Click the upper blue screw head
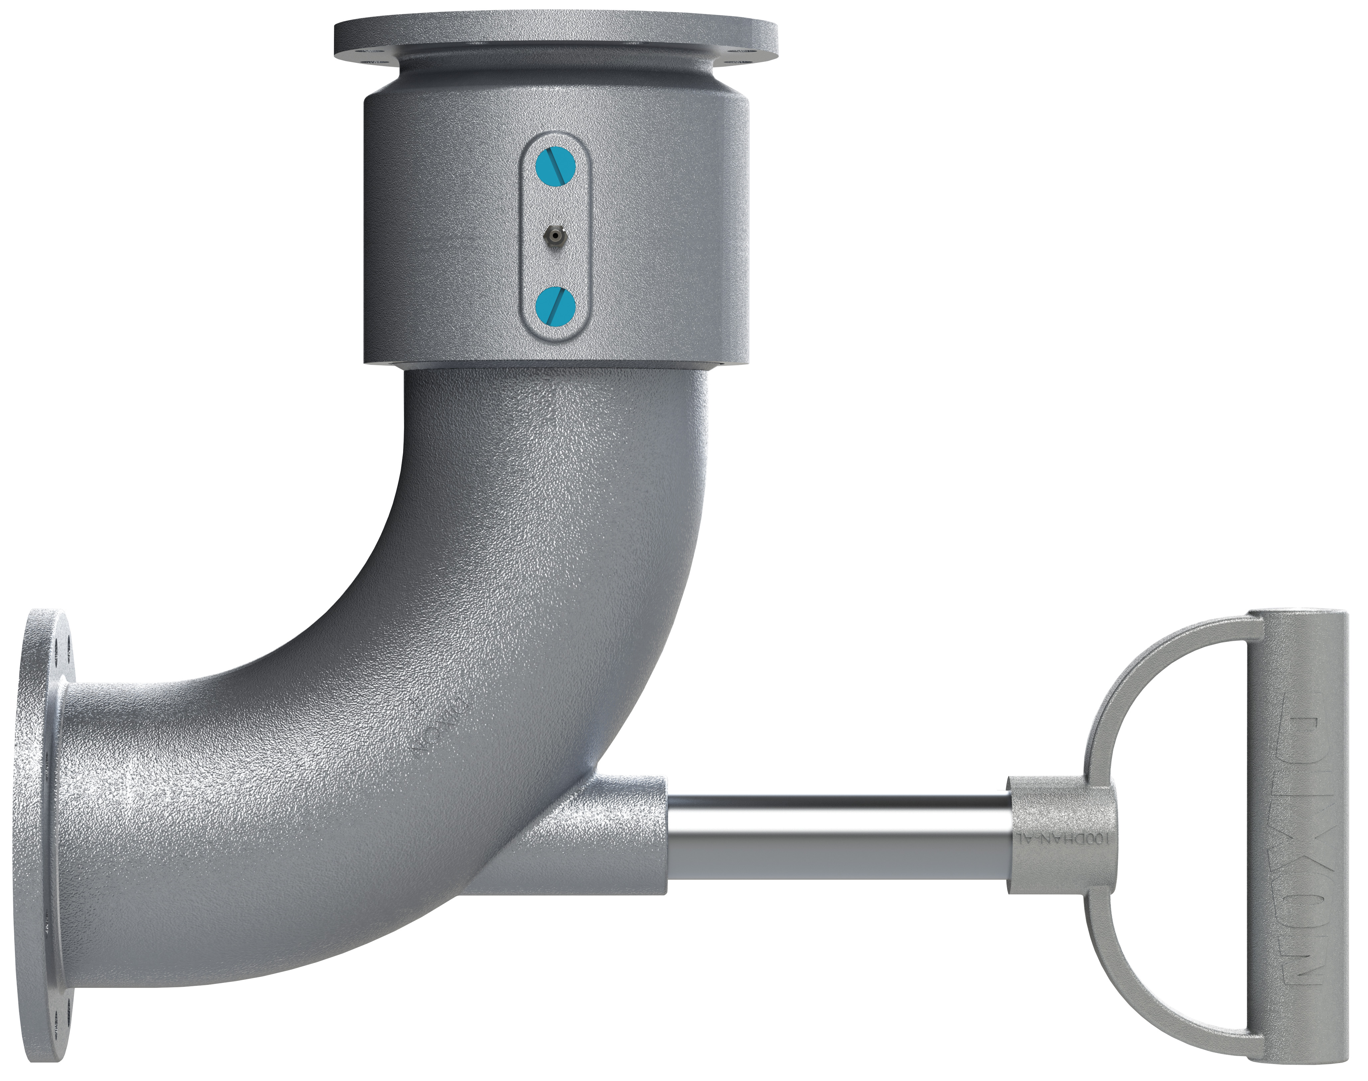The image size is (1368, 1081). coord(555,167)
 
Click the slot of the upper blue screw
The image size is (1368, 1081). coord(555,167)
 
